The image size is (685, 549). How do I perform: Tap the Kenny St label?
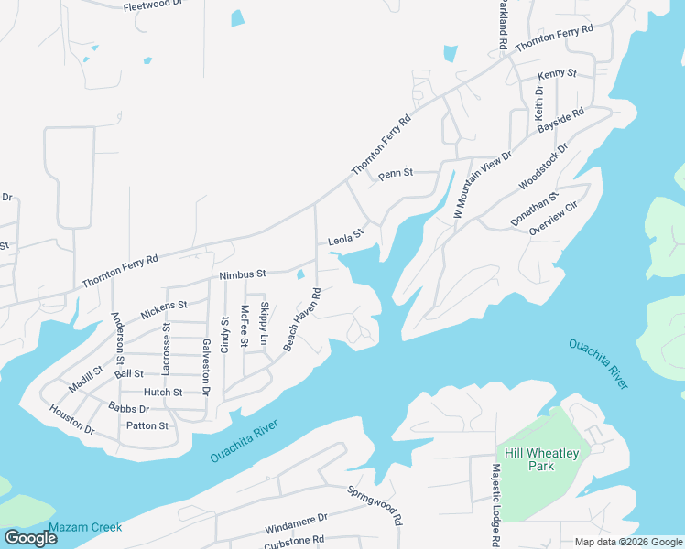(x=557, y=73)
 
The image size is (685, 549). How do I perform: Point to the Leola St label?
(x=346, y=238)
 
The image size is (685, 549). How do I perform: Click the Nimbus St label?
(x=242, y=274)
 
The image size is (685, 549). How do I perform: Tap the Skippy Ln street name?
(x=264, y=324)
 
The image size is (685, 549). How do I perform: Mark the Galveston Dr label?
(x=206, y=366)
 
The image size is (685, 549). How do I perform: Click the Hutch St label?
(x=165, y=392)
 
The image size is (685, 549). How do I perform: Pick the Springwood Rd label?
(x=375, y=504)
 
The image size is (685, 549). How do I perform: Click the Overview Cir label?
(x=556, y=220)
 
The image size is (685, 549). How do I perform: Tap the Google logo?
(x=30, y=538)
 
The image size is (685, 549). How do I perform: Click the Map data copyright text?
(x=627, y=542)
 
